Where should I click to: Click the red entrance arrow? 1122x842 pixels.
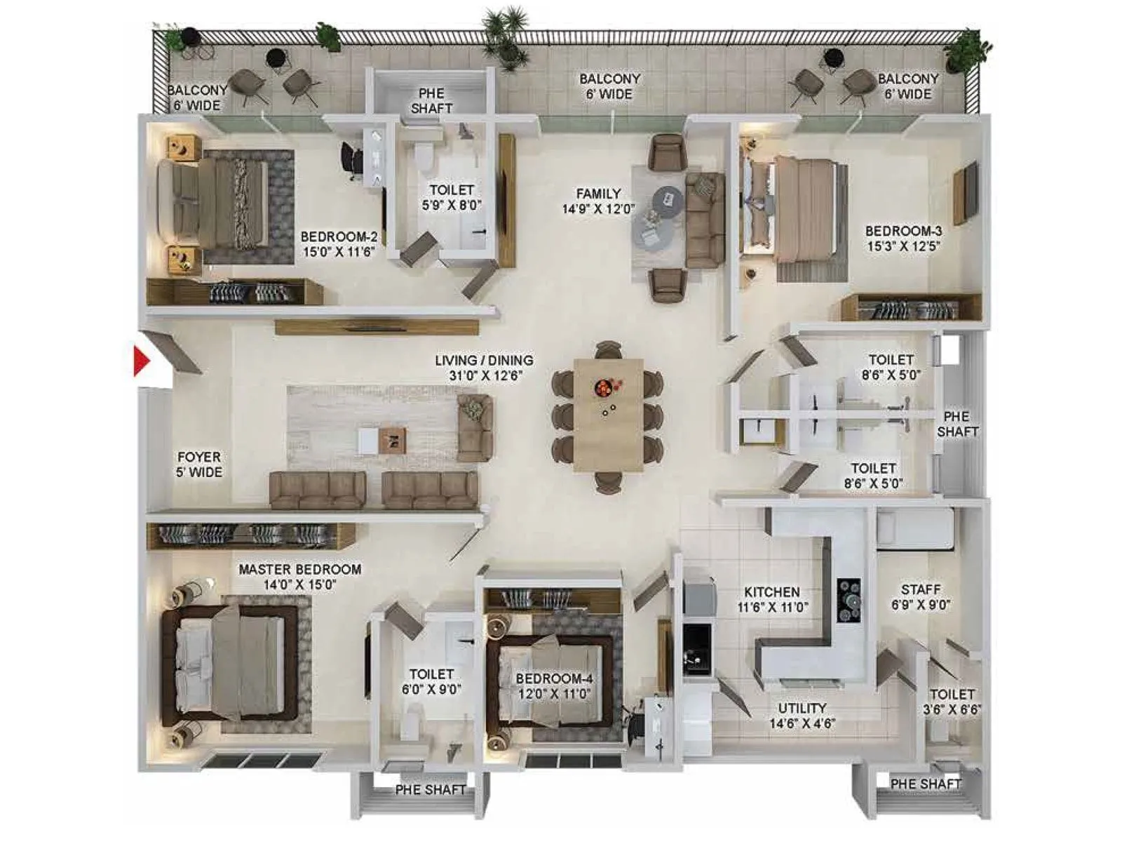142,361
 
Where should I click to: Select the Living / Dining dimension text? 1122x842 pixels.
484,376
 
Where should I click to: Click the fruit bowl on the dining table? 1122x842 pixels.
604,387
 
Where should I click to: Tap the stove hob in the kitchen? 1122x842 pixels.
849,601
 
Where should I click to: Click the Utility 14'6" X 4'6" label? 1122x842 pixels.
802,716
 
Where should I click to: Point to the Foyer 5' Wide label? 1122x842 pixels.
199,465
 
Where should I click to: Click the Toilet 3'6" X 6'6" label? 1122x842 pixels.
952,701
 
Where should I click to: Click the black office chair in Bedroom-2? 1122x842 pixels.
351,161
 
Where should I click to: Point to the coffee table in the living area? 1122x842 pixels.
392,441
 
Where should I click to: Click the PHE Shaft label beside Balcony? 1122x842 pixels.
431,100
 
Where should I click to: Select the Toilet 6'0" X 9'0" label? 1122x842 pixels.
431,681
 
